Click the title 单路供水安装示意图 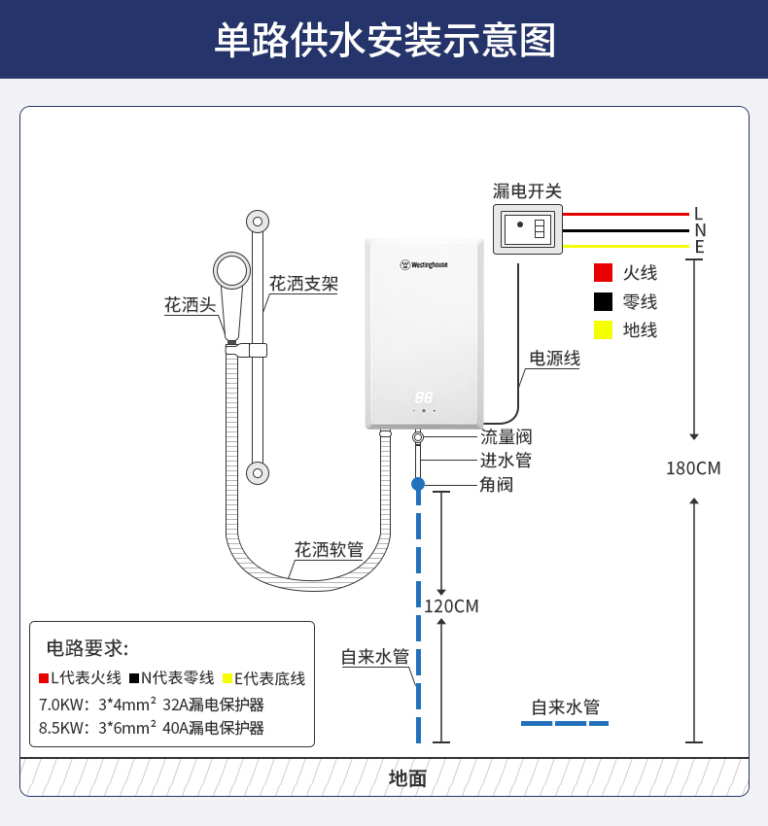pos(384,41)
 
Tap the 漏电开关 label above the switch pos(527,191)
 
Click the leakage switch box pos(528,229)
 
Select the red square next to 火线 pos(604,273)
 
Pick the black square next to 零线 pos(604,301)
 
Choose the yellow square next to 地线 pos(604,330)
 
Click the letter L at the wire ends pos(698,214)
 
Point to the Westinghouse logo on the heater pos(424,264)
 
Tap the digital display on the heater pos(424,397)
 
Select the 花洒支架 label pos(303,284)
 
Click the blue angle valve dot pos(418,483)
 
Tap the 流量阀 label pos(506,437)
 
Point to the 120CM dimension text pos(451,606)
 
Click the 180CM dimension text pos(693,468)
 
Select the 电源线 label pos(554,359)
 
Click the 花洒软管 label pos(329,550)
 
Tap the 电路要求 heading pos(87,648)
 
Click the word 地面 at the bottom pos(407,778)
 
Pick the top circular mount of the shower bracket pos(258,222)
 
